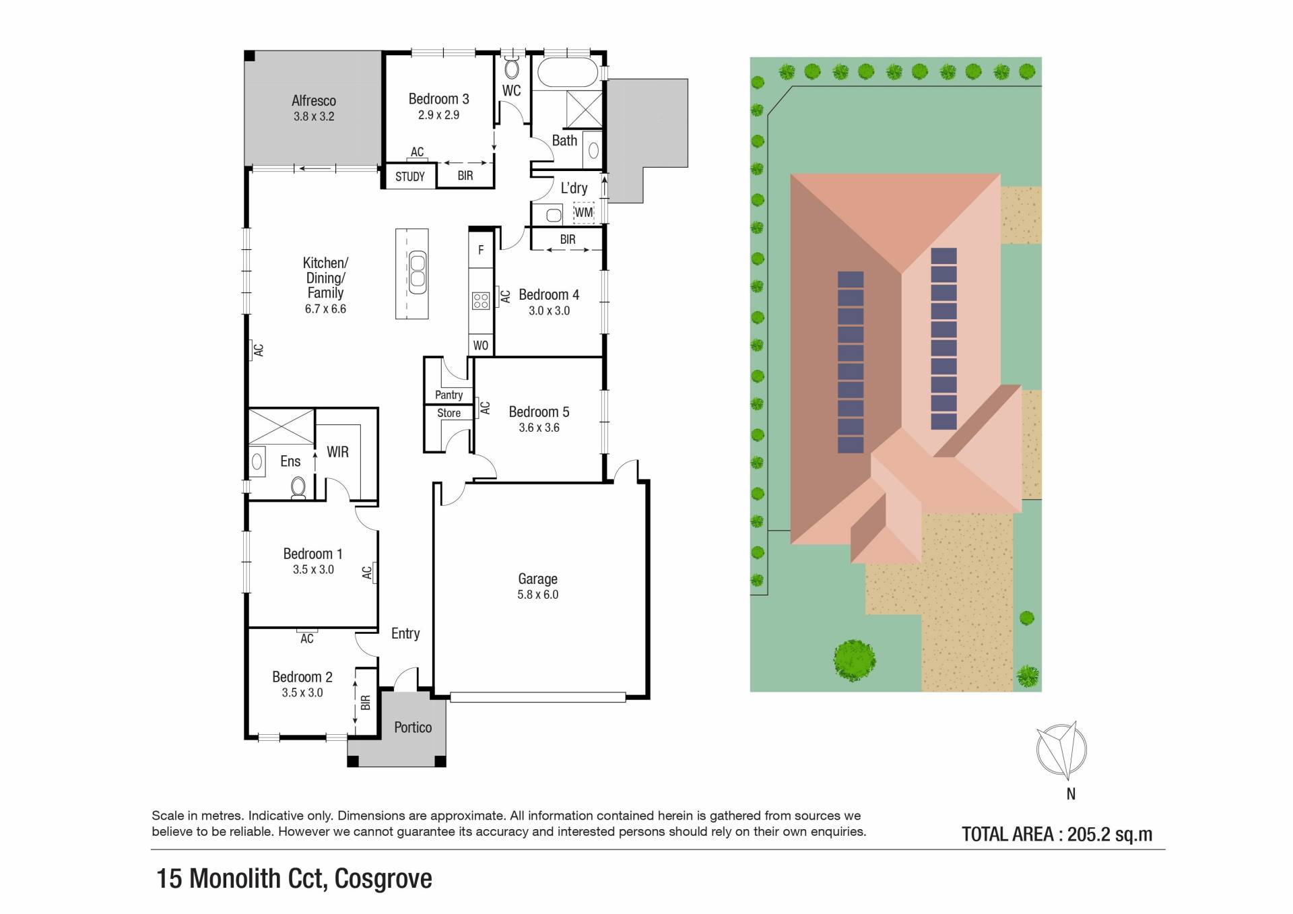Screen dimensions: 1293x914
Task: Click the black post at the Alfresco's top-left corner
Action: (x=249, y=56)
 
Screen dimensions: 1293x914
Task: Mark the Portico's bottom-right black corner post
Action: (x=440, y=762)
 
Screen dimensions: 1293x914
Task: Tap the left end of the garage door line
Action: (x=451, y=698)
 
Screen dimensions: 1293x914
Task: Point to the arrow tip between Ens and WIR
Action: (x=315, y=453)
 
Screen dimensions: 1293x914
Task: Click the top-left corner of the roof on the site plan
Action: (x=791, y=174)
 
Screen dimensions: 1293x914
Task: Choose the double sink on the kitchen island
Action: (x=418, y=272)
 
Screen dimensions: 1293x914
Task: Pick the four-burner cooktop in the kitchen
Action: (x=481, y=300)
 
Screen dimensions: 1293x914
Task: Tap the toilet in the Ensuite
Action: (x=298, y=487)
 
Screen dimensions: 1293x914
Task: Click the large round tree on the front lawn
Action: (x=855, y=660)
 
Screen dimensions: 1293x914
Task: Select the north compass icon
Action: (x=1061, y=749)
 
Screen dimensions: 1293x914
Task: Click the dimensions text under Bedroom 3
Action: (x=438, y=115)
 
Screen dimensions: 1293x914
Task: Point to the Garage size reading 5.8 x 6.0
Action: (x=537, y=595)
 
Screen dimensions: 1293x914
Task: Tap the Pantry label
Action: (x=449, y=395)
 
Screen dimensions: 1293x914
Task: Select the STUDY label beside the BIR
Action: (x=410, y=176)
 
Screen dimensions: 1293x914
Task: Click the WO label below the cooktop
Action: (x=481, y=346)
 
